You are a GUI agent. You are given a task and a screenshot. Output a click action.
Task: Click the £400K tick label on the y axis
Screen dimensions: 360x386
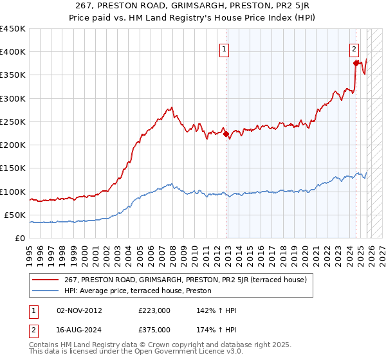13,52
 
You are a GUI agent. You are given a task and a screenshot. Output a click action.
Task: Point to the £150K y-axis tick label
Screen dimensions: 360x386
13,168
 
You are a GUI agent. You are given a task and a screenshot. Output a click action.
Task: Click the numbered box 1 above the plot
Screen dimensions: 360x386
224,48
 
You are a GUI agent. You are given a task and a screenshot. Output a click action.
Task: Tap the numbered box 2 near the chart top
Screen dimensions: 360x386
354,48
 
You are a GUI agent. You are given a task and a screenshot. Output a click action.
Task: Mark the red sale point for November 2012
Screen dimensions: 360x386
226,134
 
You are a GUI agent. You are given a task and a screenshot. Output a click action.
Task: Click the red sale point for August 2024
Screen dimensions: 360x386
356,63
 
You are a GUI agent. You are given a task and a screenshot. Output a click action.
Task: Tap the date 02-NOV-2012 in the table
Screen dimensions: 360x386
79,310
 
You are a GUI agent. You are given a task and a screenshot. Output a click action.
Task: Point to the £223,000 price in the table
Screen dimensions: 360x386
154,310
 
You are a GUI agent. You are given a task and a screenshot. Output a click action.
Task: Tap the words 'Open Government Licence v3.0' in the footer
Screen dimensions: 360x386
196,352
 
